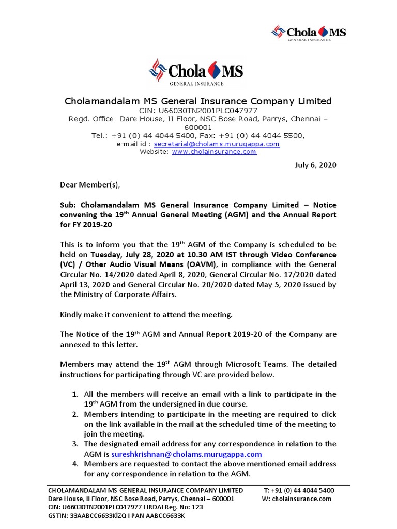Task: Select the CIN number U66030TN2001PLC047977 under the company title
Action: point(198,111)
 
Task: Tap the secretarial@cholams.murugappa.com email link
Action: point(217,144)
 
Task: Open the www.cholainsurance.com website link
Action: point(214,152)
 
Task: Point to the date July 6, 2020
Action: point(315,165)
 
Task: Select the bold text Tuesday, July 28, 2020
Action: point(134,255)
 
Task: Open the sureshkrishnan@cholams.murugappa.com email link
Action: point(186,454)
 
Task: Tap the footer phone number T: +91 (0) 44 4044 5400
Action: point(298,490)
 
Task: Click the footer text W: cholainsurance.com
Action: point(297,499)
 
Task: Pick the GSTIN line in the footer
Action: point(116,516)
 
